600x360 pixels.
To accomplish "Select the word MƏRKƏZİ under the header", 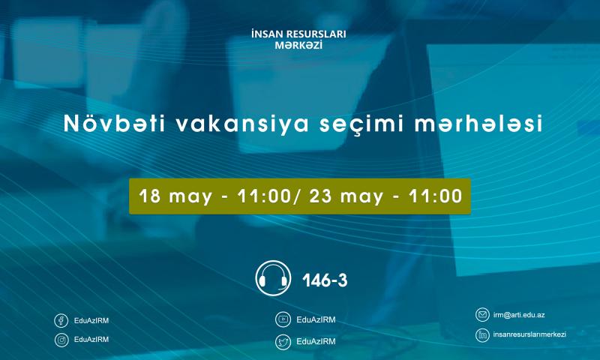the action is [298, 45].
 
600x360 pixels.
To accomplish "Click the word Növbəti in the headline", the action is [115, 124].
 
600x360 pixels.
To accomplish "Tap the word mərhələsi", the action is [478, 124].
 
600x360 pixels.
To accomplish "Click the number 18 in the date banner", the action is [149, 196].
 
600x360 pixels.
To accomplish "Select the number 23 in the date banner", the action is [320, 196].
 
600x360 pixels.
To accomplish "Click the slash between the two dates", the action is [297, 196].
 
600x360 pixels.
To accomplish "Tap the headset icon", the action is [273, 278].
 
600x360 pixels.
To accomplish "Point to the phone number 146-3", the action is [325, 280].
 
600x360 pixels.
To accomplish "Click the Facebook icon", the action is [61, 320].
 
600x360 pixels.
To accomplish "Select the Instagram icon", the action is [61, 340].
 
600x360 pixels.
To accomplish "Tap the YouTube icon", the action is [283, 319].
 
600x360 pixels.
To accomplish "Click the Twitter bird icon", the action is [283, 342].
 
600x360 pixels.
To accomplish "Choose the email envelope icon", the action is [482, 315].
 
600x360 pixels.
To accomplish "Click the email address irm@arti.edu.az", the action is [519, 315].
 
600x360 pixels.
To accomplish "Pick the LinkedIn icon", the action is [482, 335].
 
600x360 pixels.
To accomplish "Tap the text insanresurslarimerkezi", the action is [529, 334].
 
